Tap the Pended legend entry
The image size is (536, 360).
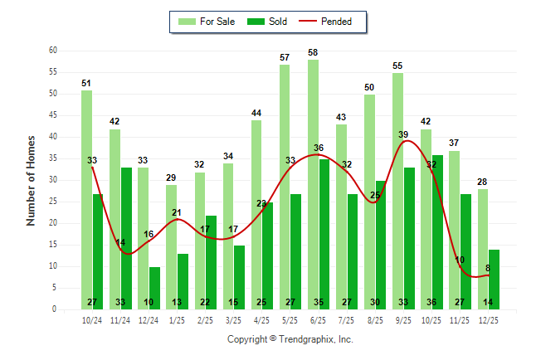336,22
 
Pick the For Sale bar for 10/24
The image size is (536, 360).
86,199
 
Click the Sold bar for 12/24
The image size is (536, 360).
154,288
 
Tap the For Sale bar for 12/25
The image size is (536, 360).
483,249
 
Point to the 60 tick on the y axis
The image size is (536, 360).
52,51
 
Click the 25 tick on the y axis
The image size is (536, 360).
52,202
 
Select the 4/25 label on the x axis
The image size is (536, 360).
262,319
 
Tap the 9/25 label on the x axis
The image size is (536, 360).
404,319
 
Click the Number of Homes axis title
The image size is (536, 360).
32,180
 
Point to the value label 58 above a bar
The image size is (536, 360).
313,53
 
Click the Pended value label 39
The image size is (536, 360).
403,134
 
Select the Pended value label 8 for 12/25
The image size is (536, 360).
487,268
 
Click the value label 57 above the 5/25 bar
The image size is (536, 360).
285,57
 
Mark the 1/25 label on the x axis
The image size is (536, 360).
177,319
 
